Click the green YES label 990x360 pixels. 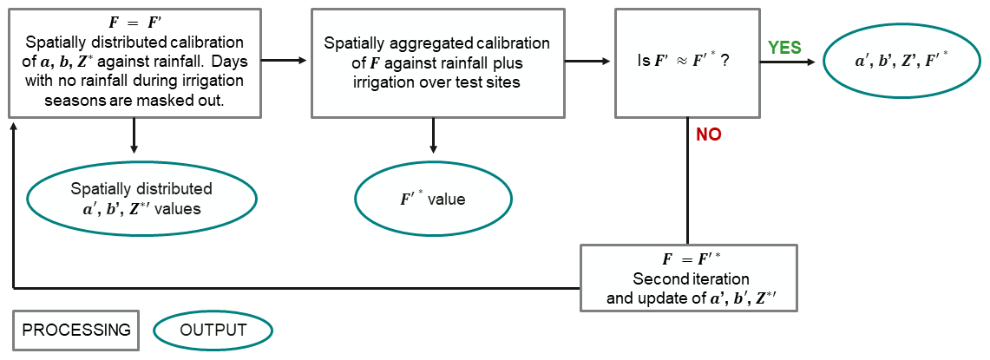coord(784,48)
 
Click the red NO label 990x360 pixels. coord(708,134)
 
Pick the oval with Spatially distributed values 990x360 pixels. coord(142,199)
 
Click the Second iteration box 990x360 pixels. coord(687,278)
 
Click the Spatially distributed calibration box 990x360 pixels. coord(134,62)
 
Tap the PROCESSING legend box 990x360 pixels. coord(75,330)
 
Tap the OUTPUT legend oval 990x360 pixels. coord(213,330)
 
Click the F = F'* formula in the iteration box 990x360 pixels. coord(687,259)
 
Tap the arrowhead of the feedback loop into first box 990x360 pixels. coord(13,126)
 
